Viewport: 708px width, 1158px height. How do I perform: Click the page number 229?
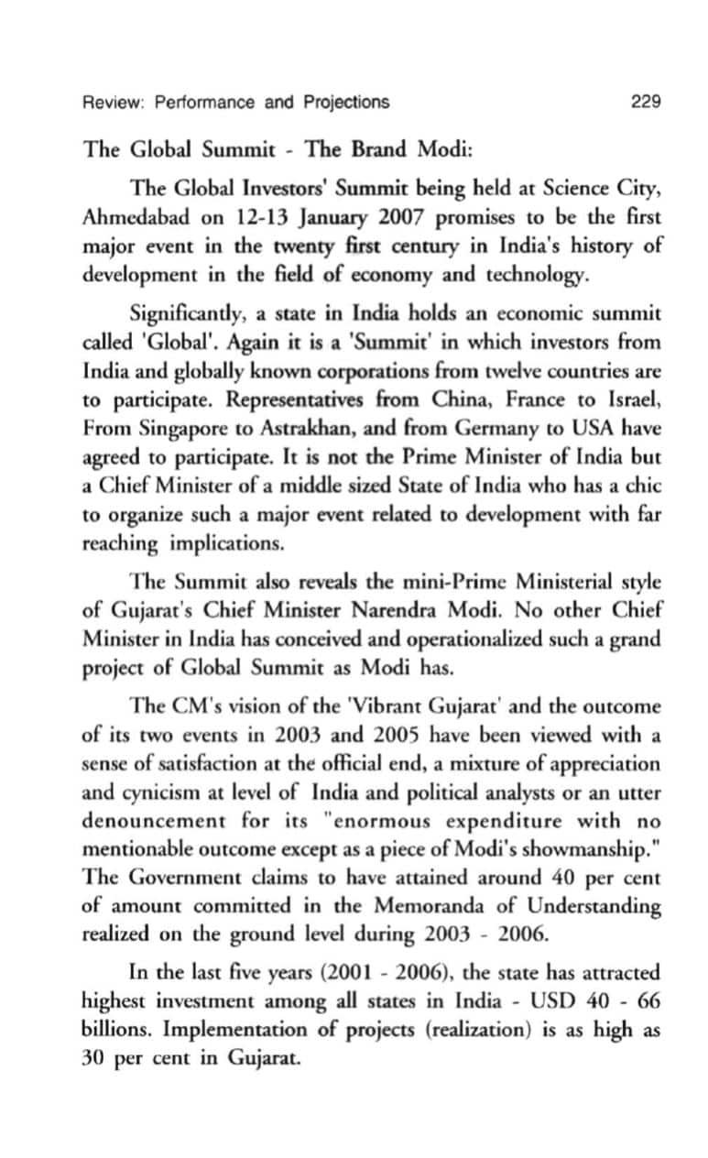coord(646,102)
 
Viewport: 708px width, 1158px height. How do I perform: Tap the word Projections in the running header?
coord(343,102)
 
